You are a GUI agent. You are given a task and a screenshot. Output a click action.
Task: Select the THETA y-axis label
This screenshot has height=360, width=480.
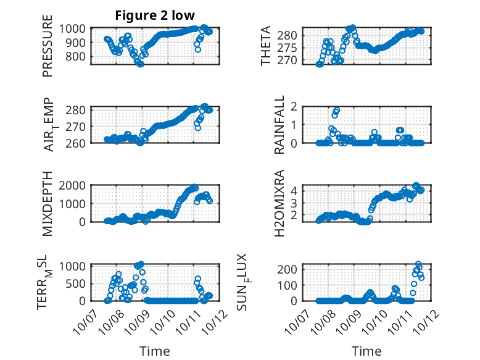click(x=266, y=46)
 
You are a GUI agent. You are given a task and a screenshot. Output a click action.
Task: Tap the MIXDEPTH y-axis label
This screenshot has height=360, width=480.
click(x=48, y=203)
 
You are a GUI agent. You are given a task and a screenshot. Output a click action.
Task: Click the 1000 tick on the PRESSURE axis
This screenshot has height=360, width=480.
click(x=75, y=28)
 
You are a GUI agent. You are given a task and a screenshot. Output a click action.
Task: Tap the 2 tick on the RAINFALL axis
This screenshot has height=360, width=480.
click(x=304, y=107)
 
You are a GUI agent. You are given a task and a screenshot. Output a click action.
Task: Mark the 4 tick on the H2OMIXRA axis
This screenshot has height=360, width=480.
click(x=304, y=191)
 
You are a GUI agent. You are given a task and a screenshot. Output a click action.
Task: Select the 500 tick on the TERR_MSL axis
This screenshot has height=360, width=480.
click(x=78, y=283)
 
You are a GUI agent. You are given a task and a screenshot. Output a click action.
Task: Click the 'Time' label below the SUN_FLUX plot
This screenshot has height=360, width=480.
click(x=366, y=351)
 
